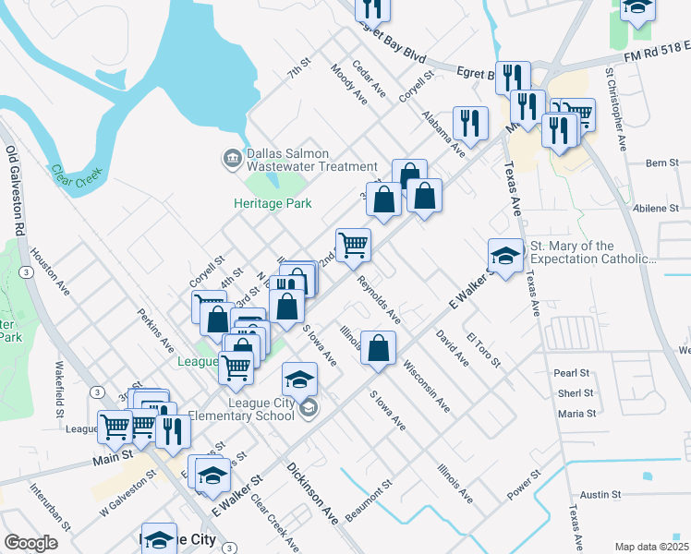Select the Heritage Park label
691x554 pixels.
pyautogui.click(x=272, y=203)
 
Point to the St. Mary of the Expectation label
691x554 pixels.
pyautogui.click(x=590, y=252)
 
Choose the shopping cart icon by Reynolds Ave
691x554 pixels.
pyautogui.click(x=353, y=246)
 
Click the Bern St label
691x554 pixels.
pyautogui.click(x=661, y=163)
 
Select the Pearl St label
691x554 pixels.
pyautogui.click(x=572, y=373)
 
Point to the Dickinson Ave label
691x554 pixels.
pyautogui.click(x=313, y=494)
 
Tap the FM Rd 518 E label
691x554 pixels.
pyautogui.click(x=657, y=57)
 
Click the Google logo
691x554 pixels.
pyautogui.click(x=31, y=543)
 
